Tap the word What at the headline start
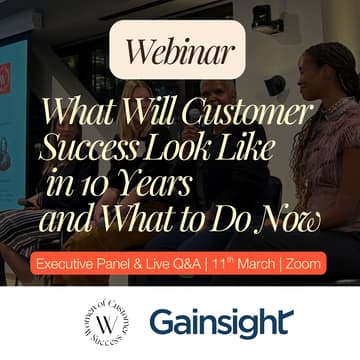pyautogui.click(x=86, y=111)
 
